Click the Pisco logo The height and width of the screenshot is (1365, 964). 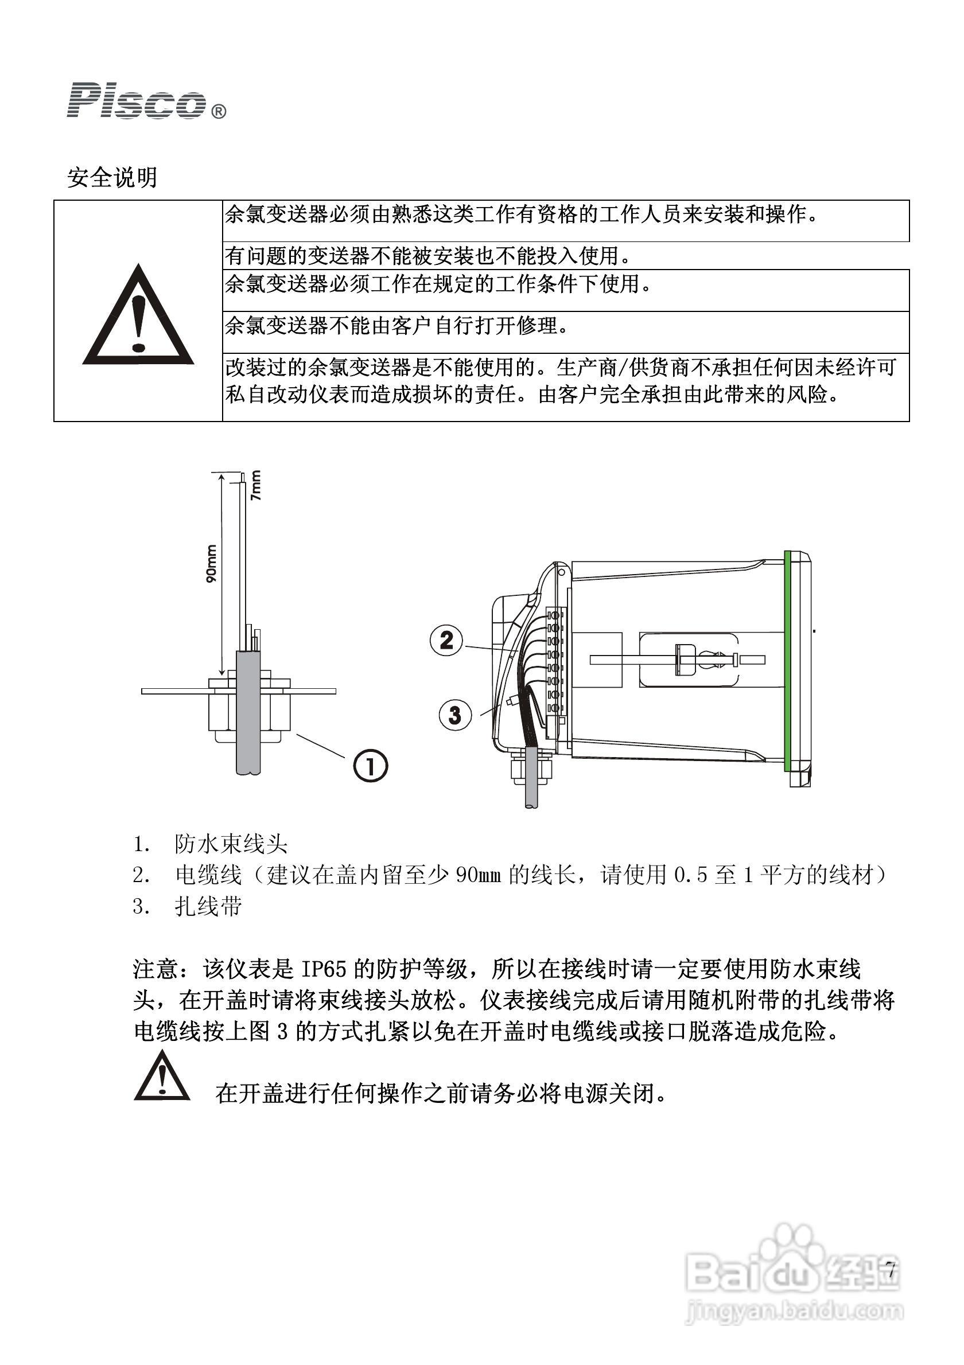(x=136, y=101)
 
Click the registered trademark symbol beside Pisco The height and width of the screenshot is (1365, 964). (x=218, y=111)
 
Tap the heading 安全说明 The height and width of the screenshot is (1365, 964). (x=112, y=177)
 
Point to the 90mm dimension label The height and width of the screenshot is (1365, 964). (x=211, y=563)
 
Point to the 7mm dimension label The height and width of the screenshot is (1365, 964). (x=255, y=485)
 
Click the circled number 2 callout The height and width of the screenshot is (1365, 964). (x=446, y=640)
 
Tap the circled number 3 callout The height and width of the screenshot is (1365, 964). (x=455, y=714)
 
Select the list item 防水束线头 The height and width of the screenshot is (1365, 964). (x=231, y=844)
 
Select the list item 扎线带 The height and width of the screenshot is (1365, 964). (x=208, y=907)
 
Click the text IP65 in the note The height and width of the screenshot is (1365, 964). (x=324, y=970)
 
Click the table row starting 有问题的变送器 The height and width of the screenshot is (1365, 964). (x=427, y=256)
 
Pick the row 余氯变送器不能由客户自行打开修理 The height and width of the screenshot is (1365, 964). (x=396, y=326)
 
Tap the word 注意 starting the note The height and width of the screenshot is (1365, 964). (x=156, y=970)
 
